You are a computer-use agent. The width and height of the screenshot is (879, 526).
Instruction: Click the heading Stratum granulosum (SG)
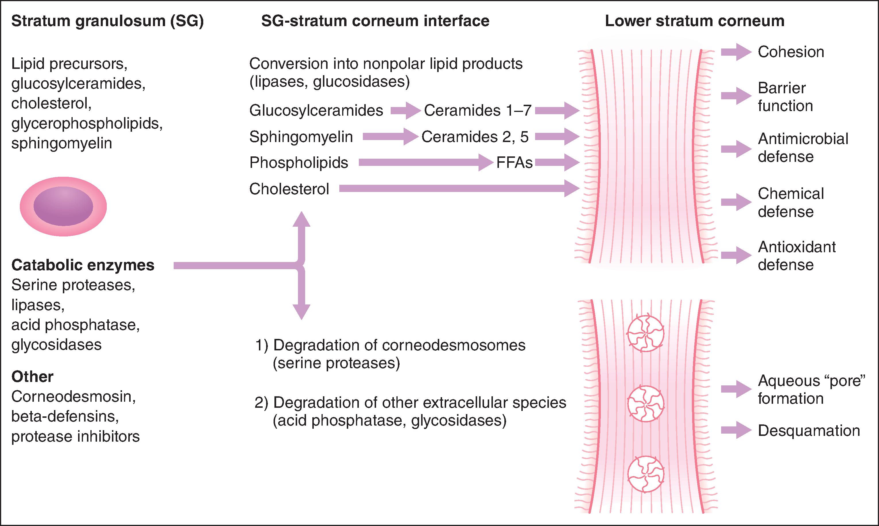tap(107, 21)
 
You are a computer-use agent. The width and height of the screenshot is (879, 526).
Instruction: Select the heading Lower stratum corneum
tap(694, 21)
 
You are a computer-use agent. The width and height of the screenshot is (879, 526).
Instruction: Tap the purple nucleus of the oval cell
tap(63, 206)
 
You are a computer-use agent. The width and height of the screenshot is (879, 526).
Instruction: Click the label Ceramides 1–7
tap(477, 110)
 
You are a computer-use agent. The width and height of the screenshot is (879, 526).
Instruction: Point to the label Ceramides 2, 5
tap(475, 137)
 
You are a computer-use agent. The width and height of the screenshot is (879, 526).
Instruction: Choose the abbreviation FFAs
tap(514, 163)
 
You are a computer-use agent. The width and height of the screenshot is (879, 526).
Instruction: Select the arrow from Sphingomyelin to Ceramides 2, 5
tap(390, 137)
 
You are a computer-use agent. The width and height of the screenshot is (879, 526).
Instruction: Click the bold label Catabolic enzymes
tap(83, 265)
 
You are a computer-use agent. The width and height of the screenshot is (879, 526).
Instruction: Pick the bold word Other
tap(32, 377)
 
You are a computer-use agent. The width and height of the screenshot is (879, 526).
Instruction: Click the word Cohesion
tap(791, 52)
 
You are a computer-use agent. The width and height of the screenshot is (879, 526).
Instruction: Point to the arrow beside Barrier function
tap(736, 96)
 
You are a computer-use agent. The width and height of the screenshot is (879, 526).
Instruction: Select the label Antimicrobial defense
tap(803, 147)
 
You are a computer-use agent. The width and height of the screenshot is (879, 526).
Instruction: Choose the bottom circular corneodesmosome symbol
tap(645, 475)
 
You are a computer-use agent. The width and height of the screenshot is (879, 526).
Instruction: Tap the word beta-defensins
tap(65, 416)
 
